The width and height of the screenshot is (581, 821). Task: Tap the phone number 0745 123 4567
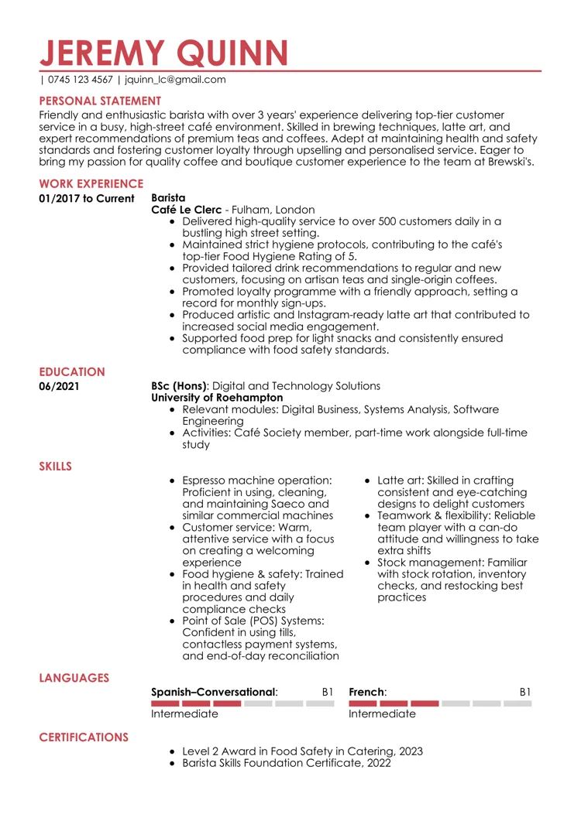(x=80, y=80)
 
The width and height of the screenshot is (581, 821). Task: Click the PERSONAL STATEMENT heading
(x=101, y=101)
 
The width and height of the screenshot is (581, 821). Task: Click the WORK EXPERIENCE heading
(x=91, y=184)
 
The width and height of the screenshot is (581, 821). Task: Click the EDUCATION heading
(x=72, y=372)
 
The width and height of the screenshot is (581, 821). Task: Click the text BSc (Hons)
(x=178, y=385)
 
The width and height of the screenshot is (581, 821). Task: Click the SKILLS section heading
(x=56, y=466)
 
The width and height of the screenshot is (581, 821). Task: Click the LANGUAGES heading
(x=74, y=678)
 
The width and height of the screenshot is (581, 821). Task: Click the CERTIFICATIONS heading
(x=84, y=737)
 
